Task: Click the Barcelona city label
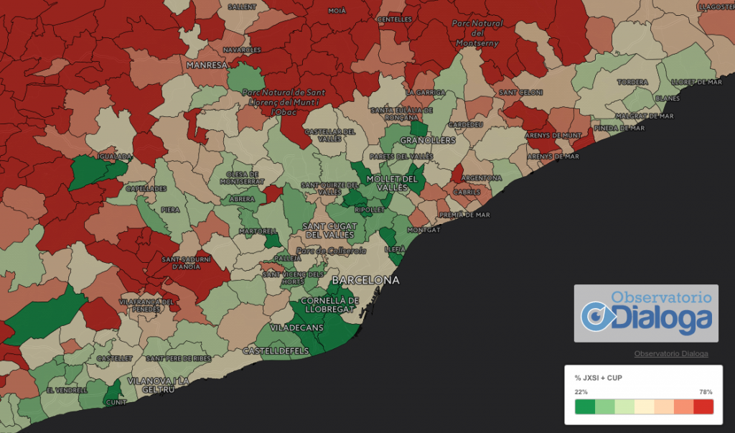click(x=370, y=279)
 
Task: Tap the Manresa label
click(x=206, y=65)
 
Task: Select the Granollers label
click(x=428, y=140)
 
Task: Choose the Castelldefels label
click(x=275, y=351)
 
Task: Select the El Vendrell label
click(x=66, y=390)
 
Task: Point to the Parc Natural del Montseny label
click(x=477, y=33)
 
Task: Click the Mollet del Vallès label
click(x=391, y=182)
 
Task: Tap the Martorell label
click(x=260, y=231)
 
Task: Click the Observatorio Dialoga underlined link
click(x=671, y=353)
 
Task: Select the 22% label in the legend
click(x=581, y=392)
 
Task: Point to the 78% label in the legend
click(x=706, y=392)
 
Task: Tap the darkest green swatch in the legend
click(x=585, y=407)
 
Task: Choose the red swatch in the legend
click(x=703, y=407)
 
